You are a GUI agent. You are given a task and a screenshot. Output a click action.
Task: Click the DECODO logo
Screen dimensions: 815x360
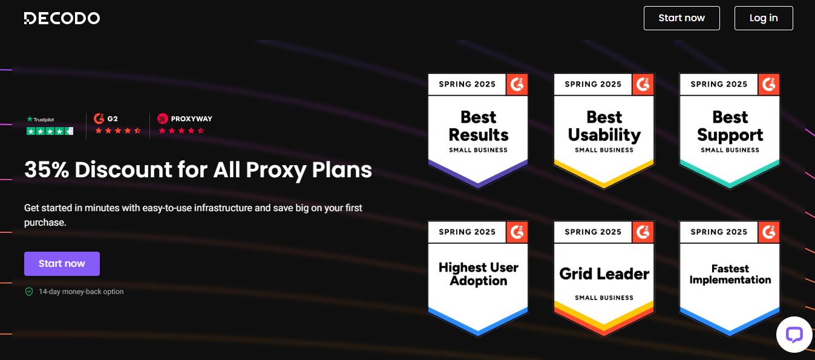pyautogui.click(x=62, y=18)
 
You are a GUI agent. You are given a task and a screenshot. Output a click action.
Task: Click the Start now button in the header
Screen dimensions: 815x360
pyautogui.click(x=681, y=18)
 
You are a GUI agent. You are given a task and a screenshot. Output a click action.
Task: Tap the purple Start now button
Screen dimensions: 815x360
pyautogui.click(x=62, y=264)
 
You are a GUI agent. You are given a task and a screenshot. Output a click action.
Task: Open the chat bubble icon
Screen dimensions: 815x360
pyautogui.click(x=794, y=335)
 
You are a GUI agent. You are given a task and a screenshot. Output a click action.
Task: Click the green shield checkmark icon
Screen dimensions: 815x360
pyautogui.click(x=29, y=292)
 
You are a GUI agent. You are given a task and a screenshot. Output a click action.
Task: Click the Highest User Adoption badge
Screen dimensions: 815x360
pyautogui.click(x=478, y=278)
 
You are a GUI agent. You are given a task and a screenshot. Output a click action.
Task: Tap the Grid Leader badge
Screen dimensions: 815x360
pyautogui.click(x=604, y=278)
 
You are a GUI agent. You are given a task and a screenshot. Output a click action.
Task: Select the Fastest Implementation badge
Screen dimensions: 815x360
pyautogui.click(x=730, y=278)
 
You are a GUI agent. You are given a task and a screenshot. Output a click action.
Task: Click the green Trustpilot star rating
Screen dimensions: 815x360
pyautogui.click(x=50, y=131)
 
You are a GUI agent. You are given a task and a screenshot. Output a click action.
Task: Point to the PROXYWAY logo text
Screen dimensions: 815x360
pyautogui.click(x=191, y=119)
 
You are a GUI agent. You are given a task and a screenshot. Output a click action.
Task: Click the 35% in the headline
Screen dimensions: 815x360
pyautogui.click(x=47, y=169)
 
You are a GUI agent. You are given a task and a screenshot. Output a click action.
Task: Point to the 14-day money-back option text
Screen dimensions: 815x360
pyautogui.click(x=81, y=292)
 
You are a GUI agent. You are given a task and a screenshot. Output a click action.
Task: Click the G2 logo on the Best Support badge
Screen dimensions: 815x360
pyautogui.click(x=769, y=85)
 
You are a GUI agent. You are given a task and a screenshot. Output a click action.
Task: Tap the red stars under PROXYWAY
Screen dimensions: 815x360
pyautogui.click(x=181, y=131)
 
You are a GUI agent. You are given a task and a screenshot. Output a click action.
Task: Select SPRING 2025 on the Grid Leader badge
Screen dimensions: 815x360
pyautogui.click(x=593, y=232)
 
